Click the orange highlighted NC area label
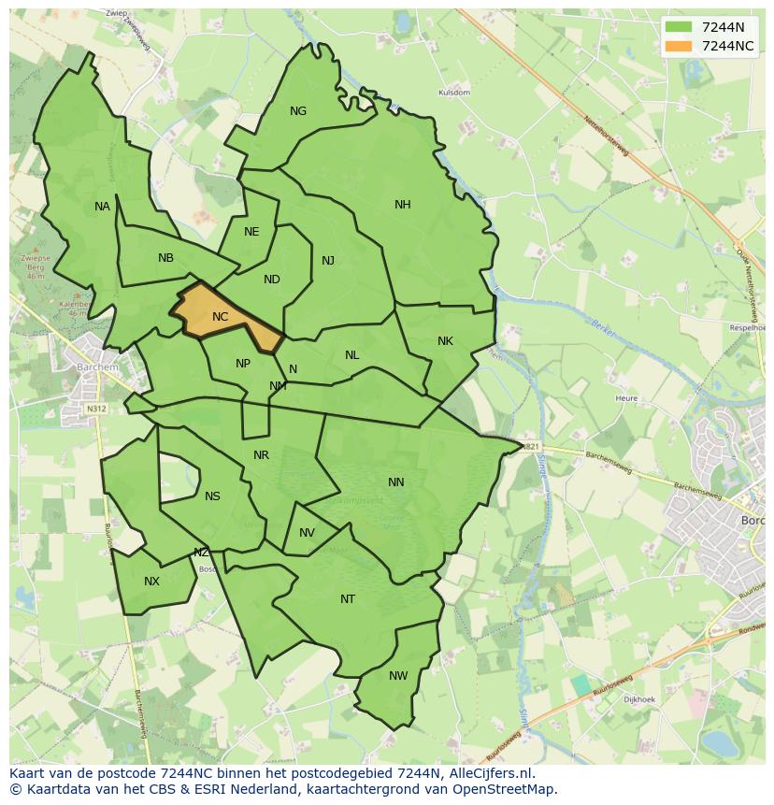[x=220, y=317]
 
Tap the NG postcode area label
[x=298, y=111]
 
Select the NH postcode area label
[x=403, y=205]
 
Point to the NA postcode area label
[x=102, y=207]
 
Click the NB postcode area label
[x=165, y=258]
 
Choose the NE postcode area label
[x=251, y=232]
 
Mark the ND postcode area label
[x=272, y=280]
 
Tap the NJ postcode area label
[x=328, y=261]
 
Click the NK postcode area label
[x=445, y=341]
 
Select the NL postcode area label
[x=351, y=355]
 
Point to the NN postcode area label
[x=396, y=482]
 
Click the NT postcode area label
[x=348, y=599]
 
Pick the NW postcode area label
[x=398, y=676]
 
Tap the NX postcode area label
[x=151, y=582]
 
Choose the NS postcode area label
[x=212, y=496]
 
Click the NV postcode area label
[x=307, y=533]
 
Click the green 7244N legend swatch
[x=679, y=27]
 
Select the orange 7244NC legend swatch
[x=679, y=46]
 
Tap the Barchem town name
[x=98, y=367]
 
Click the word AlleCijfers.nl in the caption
[x=487, y=773]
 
